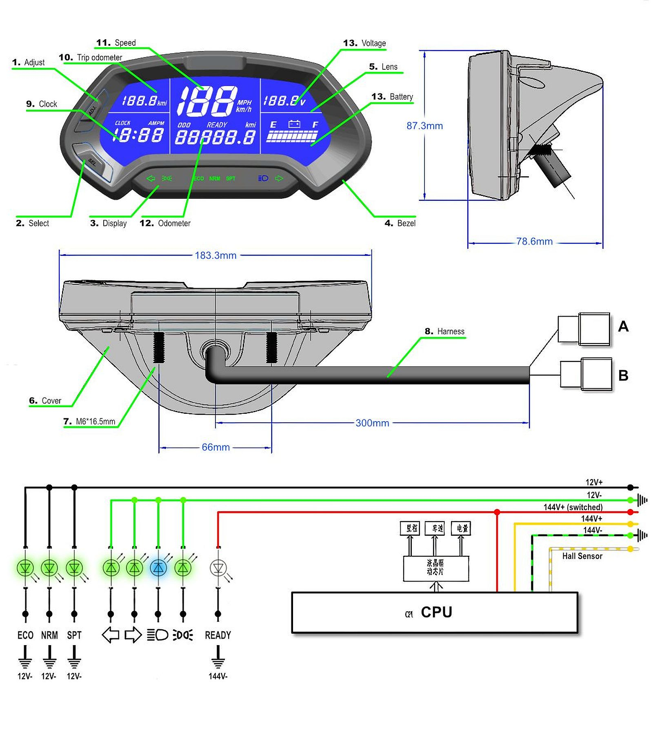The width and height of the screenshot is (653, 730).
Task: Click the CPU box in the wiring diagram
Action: pos(435,612)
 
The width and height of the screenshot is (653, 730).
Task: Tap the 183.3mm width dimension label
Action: pos(215,255)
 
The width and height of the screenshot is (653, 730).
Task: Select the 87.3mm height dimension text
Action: pos(424,126)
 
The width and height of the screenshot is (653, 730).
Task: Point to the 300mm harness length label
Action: pos(372,423)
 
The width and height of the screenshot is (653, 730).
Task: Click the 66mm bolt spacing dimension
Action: pos(215,447)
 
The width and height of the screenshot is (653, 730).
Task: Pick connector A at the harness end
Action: pos(584,329)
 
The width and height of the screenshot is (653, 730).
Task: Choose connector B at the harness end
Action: pos(586,374)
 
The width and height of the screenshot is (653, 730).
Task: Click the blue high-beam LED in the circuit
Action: pos(158,567)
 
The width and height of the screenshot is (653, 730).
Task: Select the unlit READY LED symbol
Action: pos(218,567)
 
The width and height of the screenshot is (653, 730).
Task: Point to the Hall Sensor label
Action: pos(582,556)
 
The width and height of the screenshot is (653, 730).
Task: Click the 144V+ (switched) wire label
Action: pos(573,507)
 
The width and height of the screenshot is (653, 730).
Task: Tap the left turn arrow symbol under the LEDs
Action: pos(110,635)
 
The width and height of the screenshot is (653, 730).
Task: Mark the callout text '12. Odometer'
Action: pos(165,223)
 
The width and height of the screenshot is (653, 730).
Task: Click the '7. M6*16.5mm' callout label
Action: pos(89,421)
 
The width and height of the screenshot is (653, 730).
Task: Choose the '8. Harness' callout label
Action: pos(444,331)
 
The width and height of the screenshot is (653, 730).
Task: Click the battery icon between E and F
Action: pos(294,124)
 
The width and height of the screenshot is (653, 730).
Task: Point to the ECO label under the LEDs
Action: pos(25,635)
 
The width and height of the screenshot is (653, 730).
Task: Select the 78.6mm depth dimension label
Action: pos(534,241)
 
